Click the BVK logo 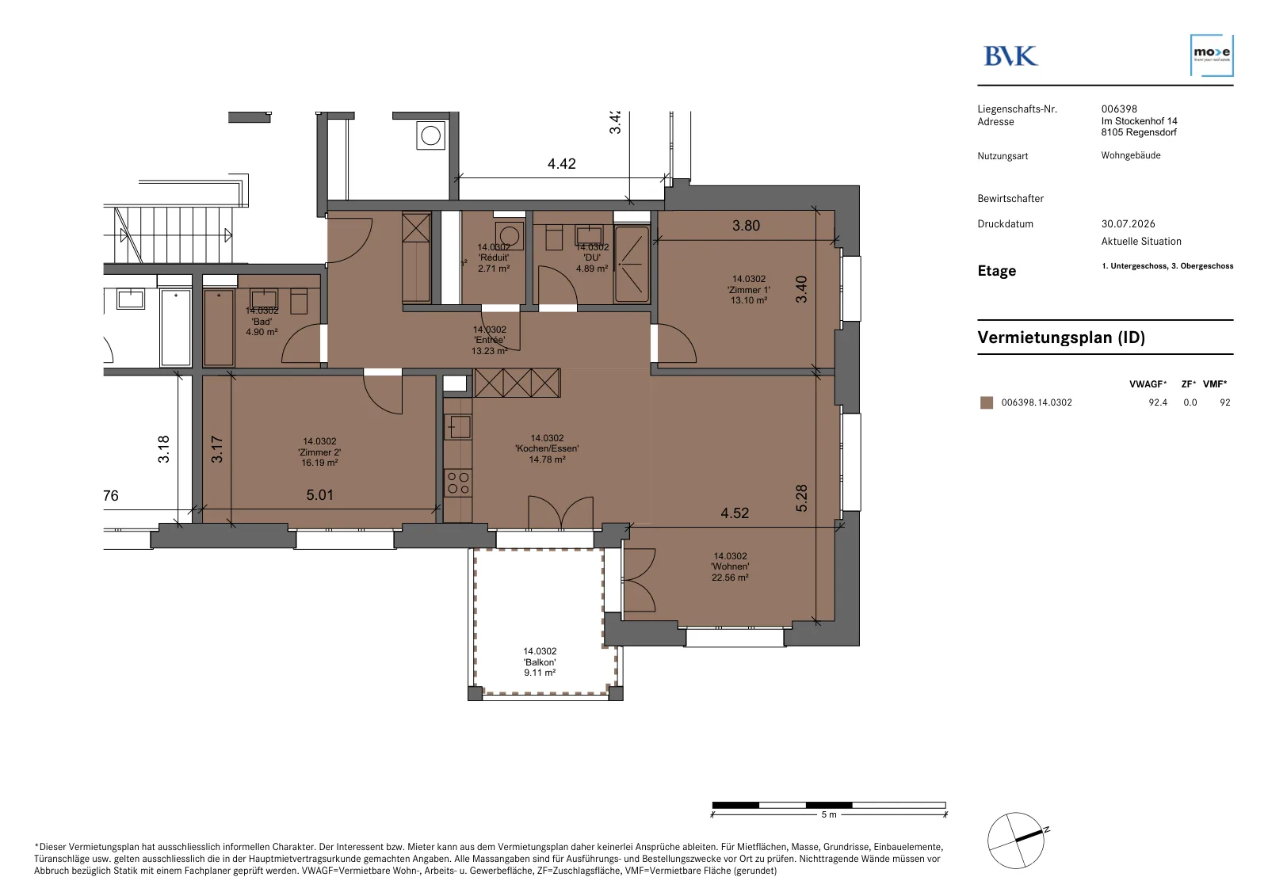pos(1011,56)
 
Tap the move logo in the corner pos(1212,55)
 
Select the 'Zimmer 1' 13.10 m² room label pos(748,289)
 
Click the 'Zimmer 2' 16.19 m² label pos(319,452)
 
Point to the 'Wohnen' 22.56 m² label pos(730,566)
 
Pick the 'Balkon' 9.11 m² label pos(540,662)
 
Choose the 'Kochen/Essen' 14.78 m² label pos(547,448)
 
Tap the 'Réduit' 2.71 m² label pos(494,257)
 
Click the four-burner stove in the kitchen pos(458,482)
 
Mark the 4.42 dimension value pos(562,163)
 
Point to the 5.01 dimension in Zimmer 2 pos(320,494)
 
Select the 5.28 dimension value pos(801,498)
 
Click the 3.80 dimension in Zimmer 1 pos(746,225)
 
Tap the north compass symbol pos(1016,841)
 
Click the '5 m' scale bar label pos(829,814)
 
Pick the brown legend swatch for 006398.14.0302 pos(987,402)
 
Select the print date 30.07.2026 pos(1129,223)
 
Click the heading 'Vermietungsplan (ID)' pos(1061,337)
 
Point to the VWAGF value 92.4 pos(1158,402)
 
